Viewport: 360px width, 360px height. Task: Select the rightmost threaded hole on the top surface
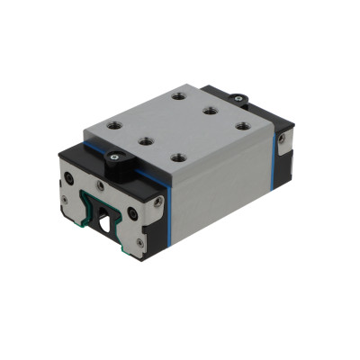pos(242,125)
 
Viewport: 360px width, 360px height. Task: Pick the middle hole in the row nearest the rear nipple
pos(209,111)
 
